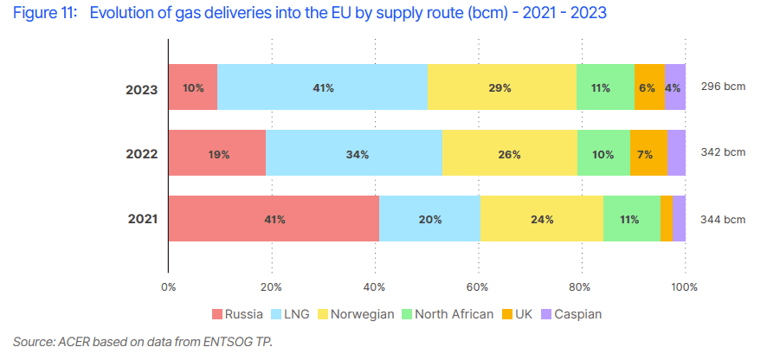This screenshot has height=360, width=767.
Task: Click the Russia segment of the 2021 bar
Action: point(274,218)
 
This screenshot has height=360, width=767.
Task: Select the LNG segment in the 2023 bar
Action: point(322,87)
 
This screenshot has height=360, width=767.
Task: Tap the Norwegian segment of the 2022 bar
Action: point(509,153)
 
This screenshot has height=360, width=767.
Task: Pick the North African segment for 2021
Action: point(631,218)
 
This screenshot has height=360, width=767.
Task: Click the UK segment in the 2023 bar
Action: point(649,87)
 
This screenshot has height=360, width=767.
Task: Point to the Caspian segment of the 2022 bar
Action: point(676,153)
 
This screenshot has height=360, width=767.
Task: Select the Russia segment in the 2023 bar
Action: point(192,87)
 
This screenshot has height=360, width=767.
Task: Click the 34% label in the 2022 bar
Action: point(358,154)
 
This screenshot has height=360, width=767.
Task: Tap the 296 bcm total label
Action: point(722,87)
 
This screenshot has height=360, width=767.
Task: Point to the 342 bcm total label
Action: point(722,152)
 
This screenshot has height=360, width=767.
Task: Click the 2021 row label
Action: point(141,219)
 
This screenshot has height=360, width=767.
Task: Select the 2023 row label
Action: point(141,88)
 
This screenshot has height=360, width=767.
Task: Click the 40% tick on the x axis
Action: point(375,286)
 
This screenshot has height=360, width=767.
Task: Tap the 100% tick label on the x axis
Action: point(685,286)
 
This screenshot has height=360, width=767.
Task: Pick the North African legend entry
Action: point(454,314)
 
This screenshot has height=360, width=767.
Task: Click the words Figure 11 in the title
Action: point(43,14)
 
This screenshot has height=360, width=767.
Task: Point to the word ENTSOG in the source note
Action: point(229,342)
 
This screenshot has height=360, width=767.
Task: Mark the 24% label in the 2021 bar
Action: point(542,219)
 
